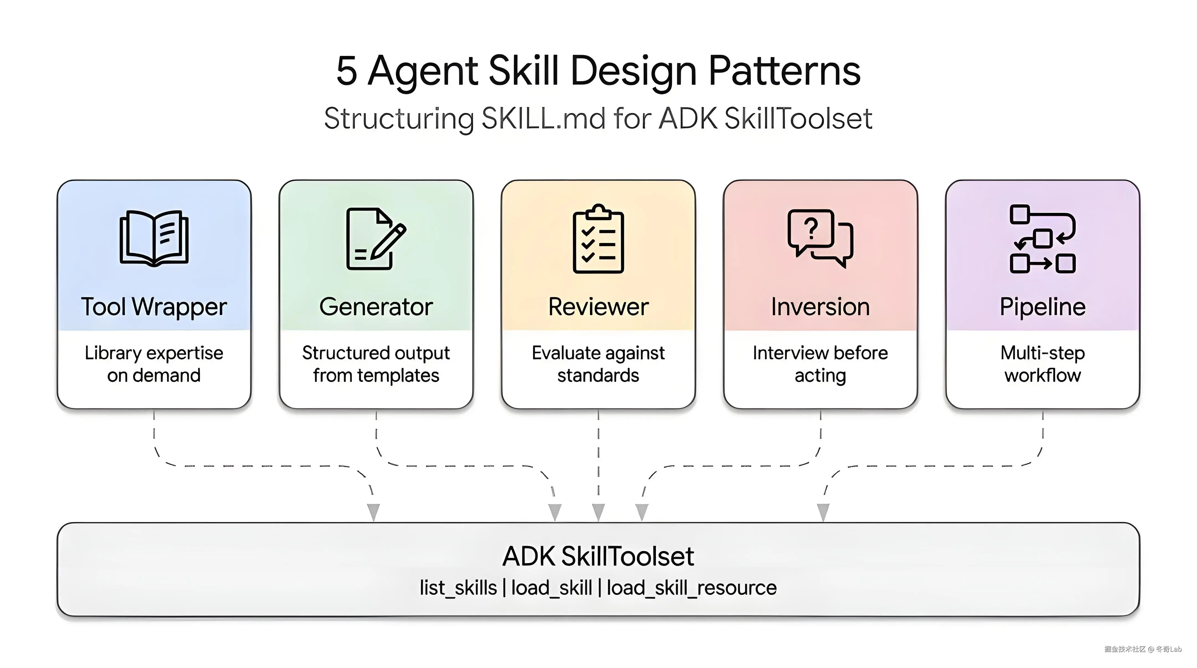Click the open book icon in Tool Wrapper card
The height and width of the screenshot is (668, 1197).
tap(154, 238)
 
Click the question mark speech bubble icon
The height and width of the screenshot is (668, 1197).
tap(820, 238)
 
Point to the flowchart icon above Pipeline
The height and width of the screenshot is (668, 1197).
tap(1042, 239)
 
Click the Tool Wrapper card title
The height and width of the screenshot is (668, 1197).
tap(154, 307)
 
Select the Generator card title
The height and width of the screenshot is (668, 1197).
tap(376, 307)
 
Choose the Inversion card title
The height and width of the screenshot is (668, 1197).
tap(820, 307)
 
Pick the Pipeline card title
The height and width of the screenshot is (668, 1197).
tap(1042, 307)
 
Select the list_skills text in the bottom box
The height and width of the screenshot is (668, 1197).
tap(458, 588)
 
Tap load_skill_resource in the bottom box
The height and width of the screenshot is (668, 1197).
tap(691, 588)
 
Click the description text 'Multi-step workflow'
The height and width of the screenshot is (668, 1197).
tap(1042, 364)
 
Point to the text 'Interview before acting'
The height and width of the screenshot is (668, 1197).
tap(820, 364)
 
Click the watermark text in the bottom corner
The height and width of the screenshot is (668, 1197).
tap(1143, 649)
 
